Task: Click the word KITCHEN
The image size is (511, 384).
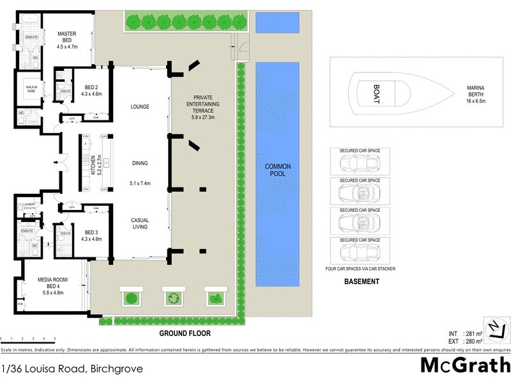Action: click(93, 164)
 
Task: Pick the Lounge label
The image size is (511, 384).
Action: click(139, 106)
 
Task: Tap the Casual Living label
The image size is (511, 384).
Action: click(139, 223)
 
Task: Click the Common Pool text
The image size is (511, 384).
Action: click(278, 170)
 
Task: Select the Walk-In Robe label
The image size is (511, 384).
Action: click(29, 89)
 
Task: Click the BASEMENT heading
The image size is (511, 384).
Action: click(362, 281)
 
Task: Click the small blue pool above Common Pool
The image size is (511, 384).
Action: click(277, 22)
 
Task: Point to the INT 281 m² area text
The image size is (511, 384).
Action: click(462, 333)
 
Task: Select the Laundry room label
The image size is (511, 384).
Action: click(29, 206)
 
